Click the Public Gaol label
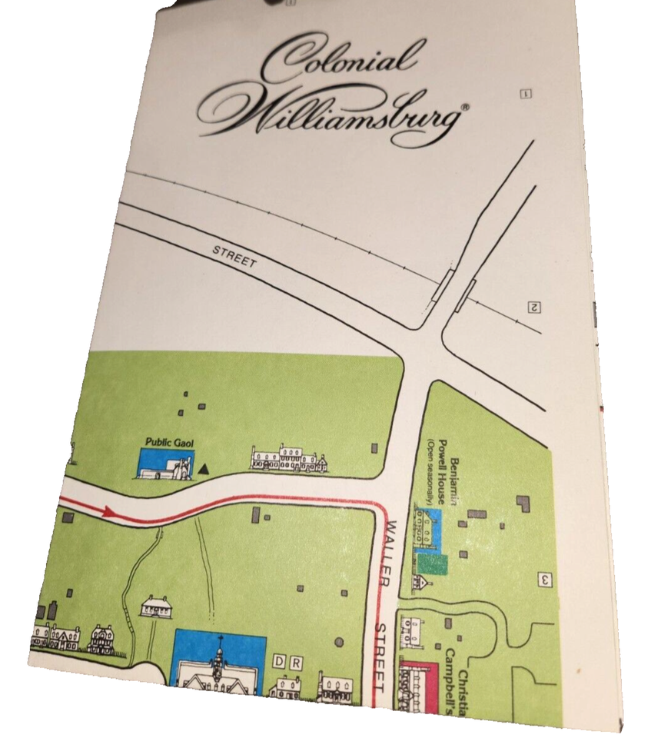click(166, 443)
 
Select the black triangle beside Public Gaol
click(204, 467)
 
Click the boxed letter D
click(279, 662)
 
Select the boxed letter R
click(294, 662)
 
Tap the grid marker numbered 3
click(544, 580)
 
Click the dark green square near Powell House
click(433, 563)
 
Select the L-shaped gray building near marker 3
click(524, 504)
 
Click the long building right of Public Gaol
click(288, 458)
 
